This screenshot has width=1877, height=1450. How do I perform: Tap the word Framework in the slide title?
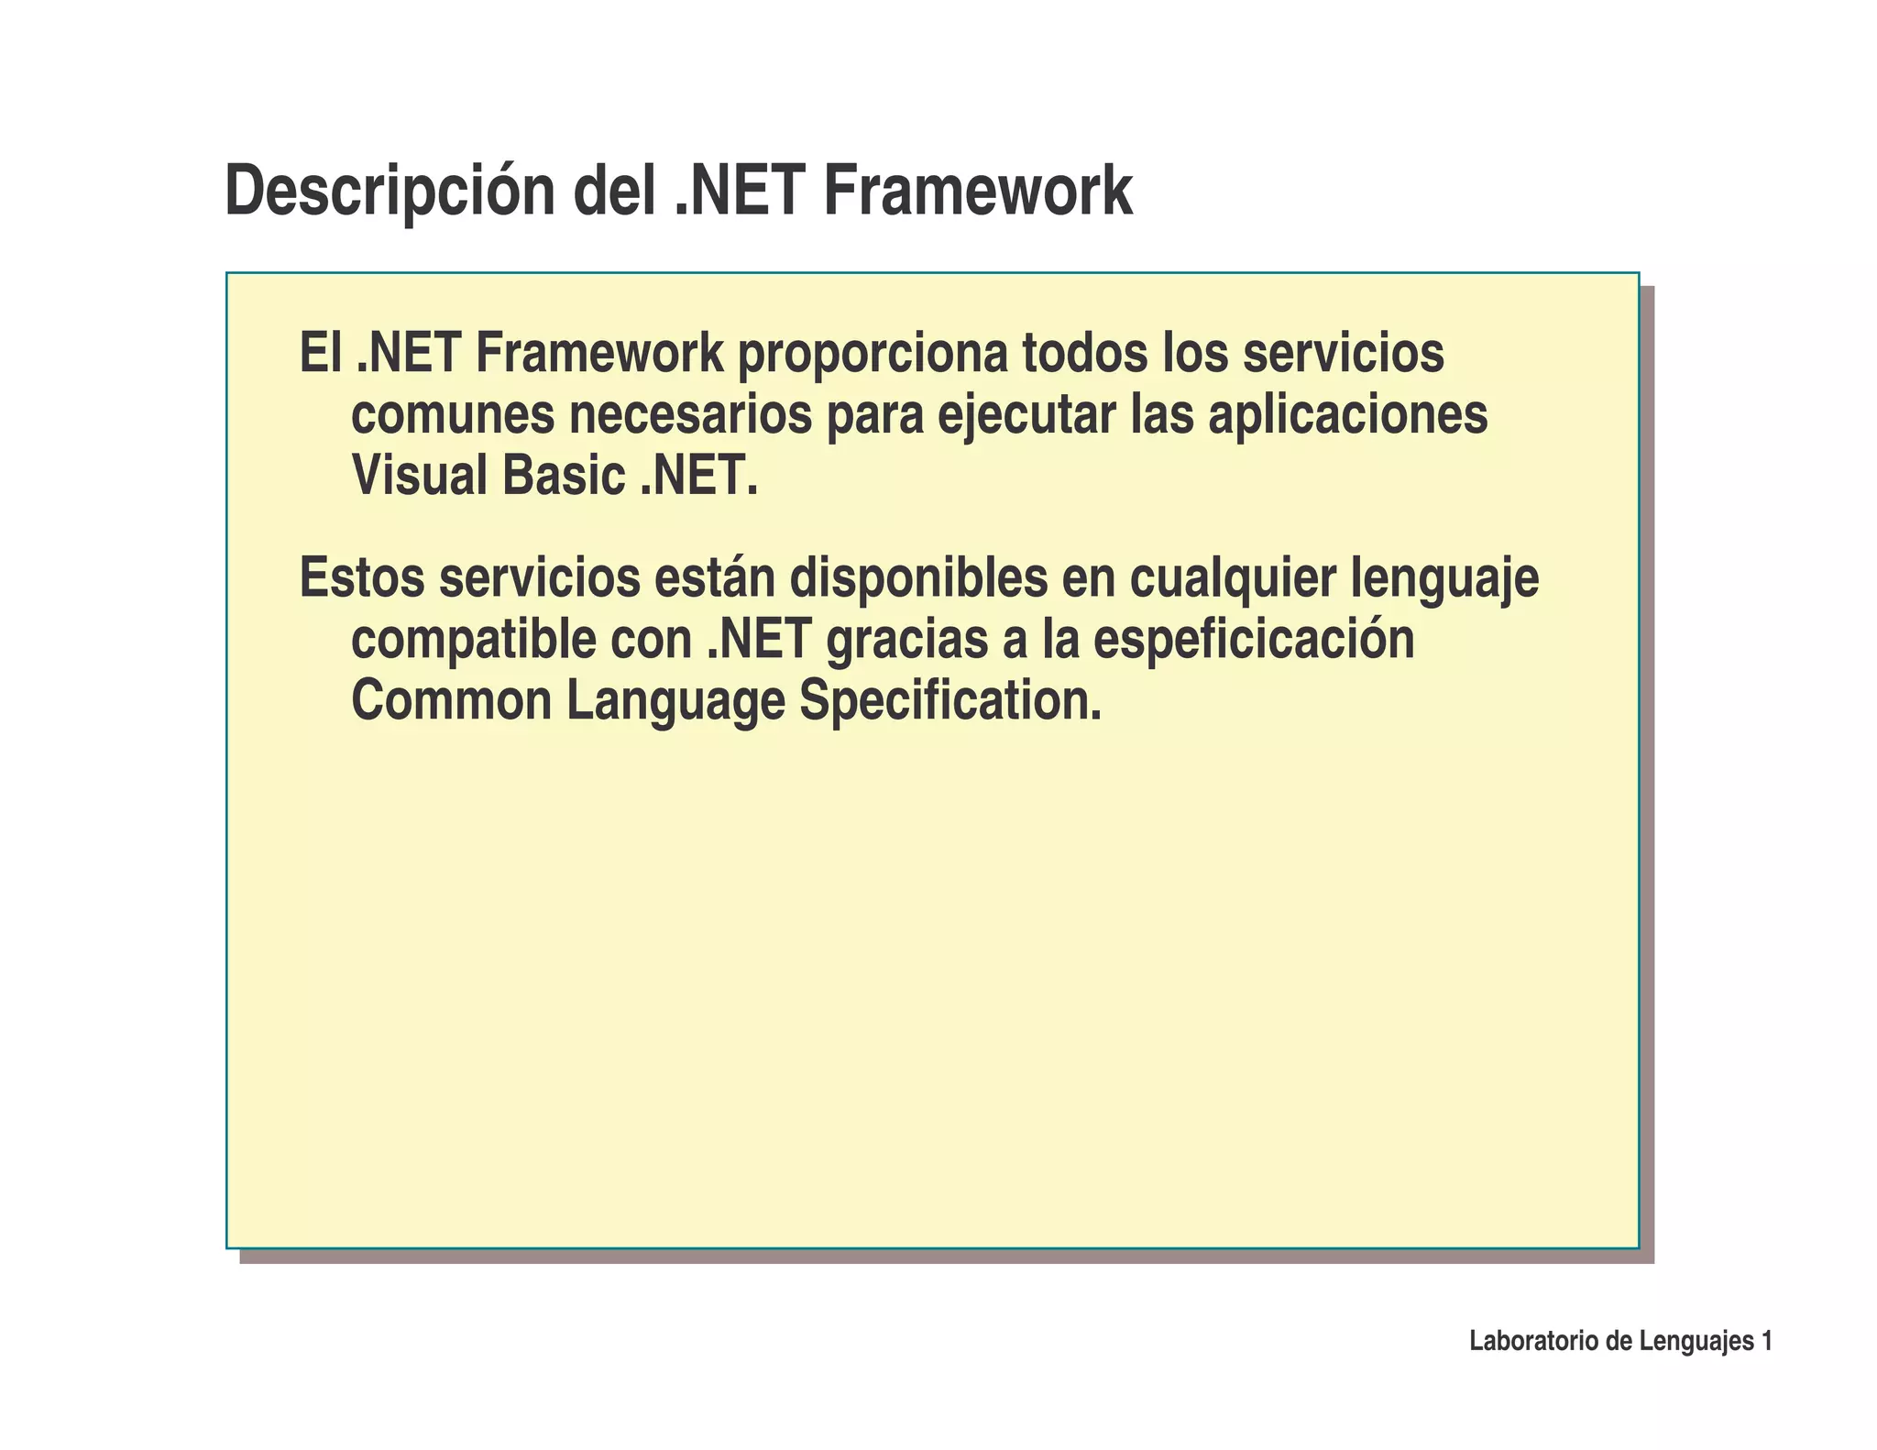[x=977, y=191]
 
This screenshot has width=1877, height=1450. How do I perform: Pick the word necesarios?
[x=690, y=415]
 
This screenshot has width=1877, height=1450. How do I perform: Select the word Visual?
[x=419, y=475]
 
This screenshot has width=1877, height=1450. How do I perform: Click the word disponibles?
[x=918, y=580]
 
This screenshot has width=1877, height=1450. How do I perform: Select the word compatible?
[x=473, y=641]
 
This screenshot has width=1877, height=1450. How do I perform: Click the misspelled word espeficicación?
[x=1254, y=641]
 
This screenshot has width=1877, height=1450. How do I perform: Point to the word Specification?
[x=950, y=702]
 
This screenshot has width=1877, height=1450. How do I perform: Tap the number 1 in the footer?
[x=1766, y=1342]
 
